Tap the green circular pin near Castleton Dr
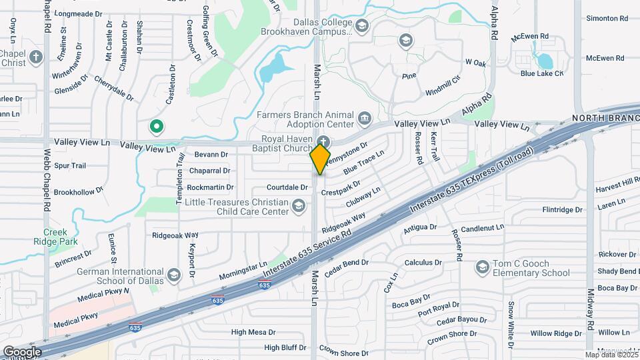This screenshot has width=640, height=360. pyautogui.click(x=156, y=125)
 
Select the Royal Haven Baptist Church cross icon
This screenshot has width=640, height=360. pyautogui.click(x=323, y=141)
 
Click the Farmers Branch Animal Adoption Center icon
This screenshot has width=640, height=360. pyautogui.click(x=365, y=119)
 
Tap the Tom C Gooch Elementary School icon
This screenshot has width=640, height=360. pyautogui.click(x=481, y=268)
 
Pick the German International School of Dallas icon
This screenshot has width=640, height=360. pyautogui.click(x=173, y=275)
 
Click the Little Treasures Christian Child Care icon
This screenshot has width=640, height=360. pyautogui.click(x=300, y=211)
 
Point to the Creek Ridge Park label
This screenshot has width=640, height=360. pyautogui.click(x=61, y=237)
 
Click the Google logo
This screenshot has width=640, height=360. pyautogui.click(x=23, y=351)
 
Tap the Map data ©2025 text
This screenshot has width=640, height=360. pyautogui.click(x=611, y=354)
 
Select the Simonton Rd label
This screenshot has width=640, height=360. pyautogui.click(x=607, y=18)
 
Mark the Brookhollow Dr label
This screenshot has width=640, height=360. pyautogui.click(x=79, y=191)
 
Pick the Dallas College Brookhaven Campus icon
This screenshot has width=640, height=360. pyautogui.click(x=362, y=27)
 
